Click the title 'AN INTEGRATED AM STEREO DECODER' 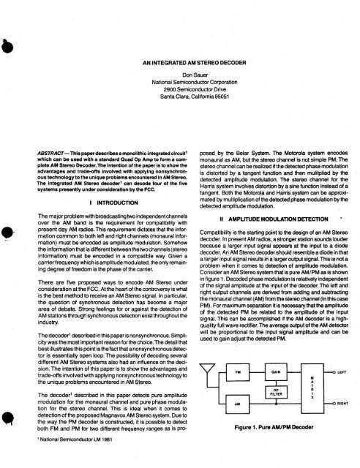(x=179, y=64)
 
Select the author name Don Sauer (x=179, y=75)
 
